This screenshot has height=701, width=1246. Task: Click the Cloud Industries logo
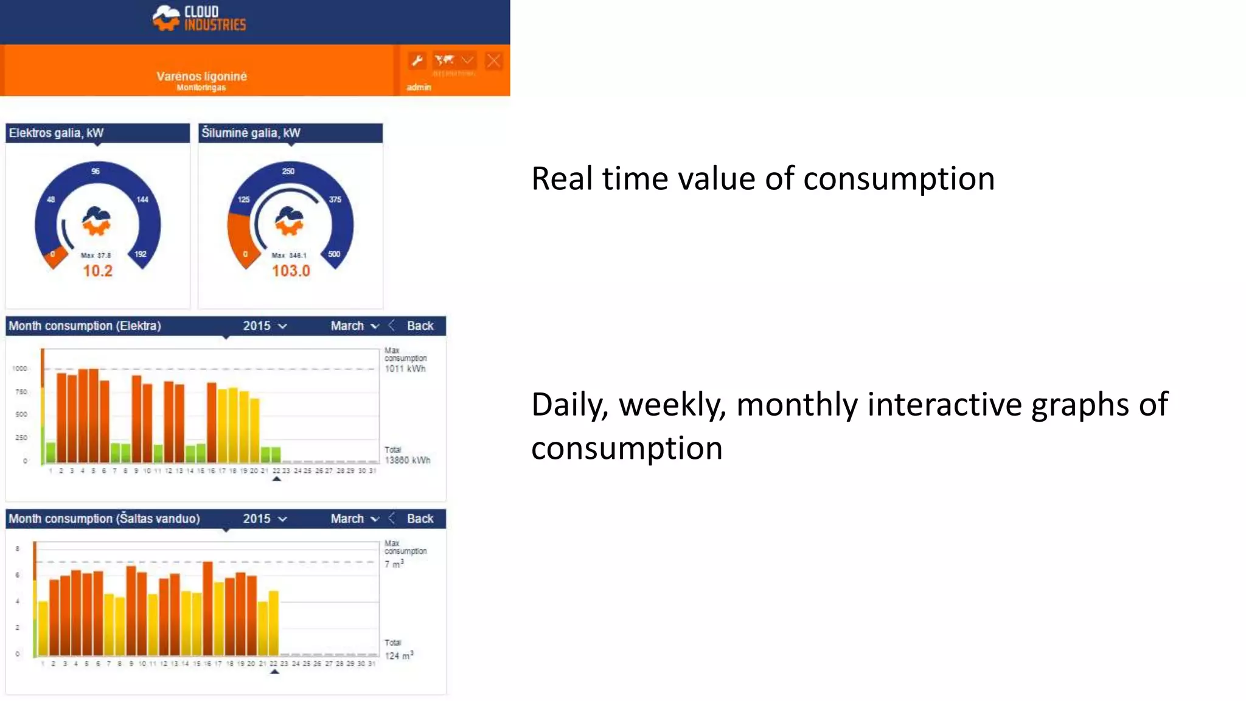click(199, 18)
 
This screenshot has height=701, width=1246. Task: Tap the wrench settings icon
click(417, 60)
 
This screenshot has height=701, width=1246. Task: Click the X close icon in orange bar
click(493, 61)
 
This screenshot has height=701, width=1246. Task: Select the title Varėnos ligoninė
click(201, 76)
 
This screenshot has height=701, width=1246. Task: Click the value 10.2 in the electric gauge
click(97, 271)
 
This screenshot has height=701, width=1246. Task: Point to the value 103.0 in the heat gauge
click(291, 271)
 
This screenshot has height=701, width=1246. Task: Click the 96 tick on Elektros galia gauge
click(96, 171)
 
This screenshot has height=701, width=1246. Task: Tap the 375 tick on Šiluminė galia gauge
click(335, 199)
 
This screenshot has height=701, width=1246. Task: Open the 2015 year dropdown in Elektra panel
click(265, 326)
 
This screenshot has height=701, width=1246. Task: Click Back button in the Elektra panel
click(420, 326)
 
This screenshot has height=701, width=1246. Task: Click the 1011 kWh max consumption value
click(405, 369)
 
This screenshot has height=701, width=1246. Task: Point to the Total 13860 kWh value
click(407, 460)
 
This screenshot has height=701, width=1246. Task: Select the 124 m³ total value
click(399, 655)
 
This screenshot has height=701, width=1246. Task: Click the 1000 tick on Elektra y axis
click(19, 368)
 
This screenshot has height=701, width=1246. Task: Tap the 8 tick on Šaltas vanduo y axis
click(18, 548)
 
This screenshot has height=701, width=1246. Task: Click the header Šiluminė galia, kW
click(251, 133)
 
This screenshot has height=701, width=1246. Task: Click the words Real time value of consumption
click(762, 179)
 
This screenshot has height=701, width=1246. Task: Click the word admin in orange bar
click(419, 87)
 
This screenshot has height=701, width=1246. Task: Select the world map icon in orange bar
click(445, 60)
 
